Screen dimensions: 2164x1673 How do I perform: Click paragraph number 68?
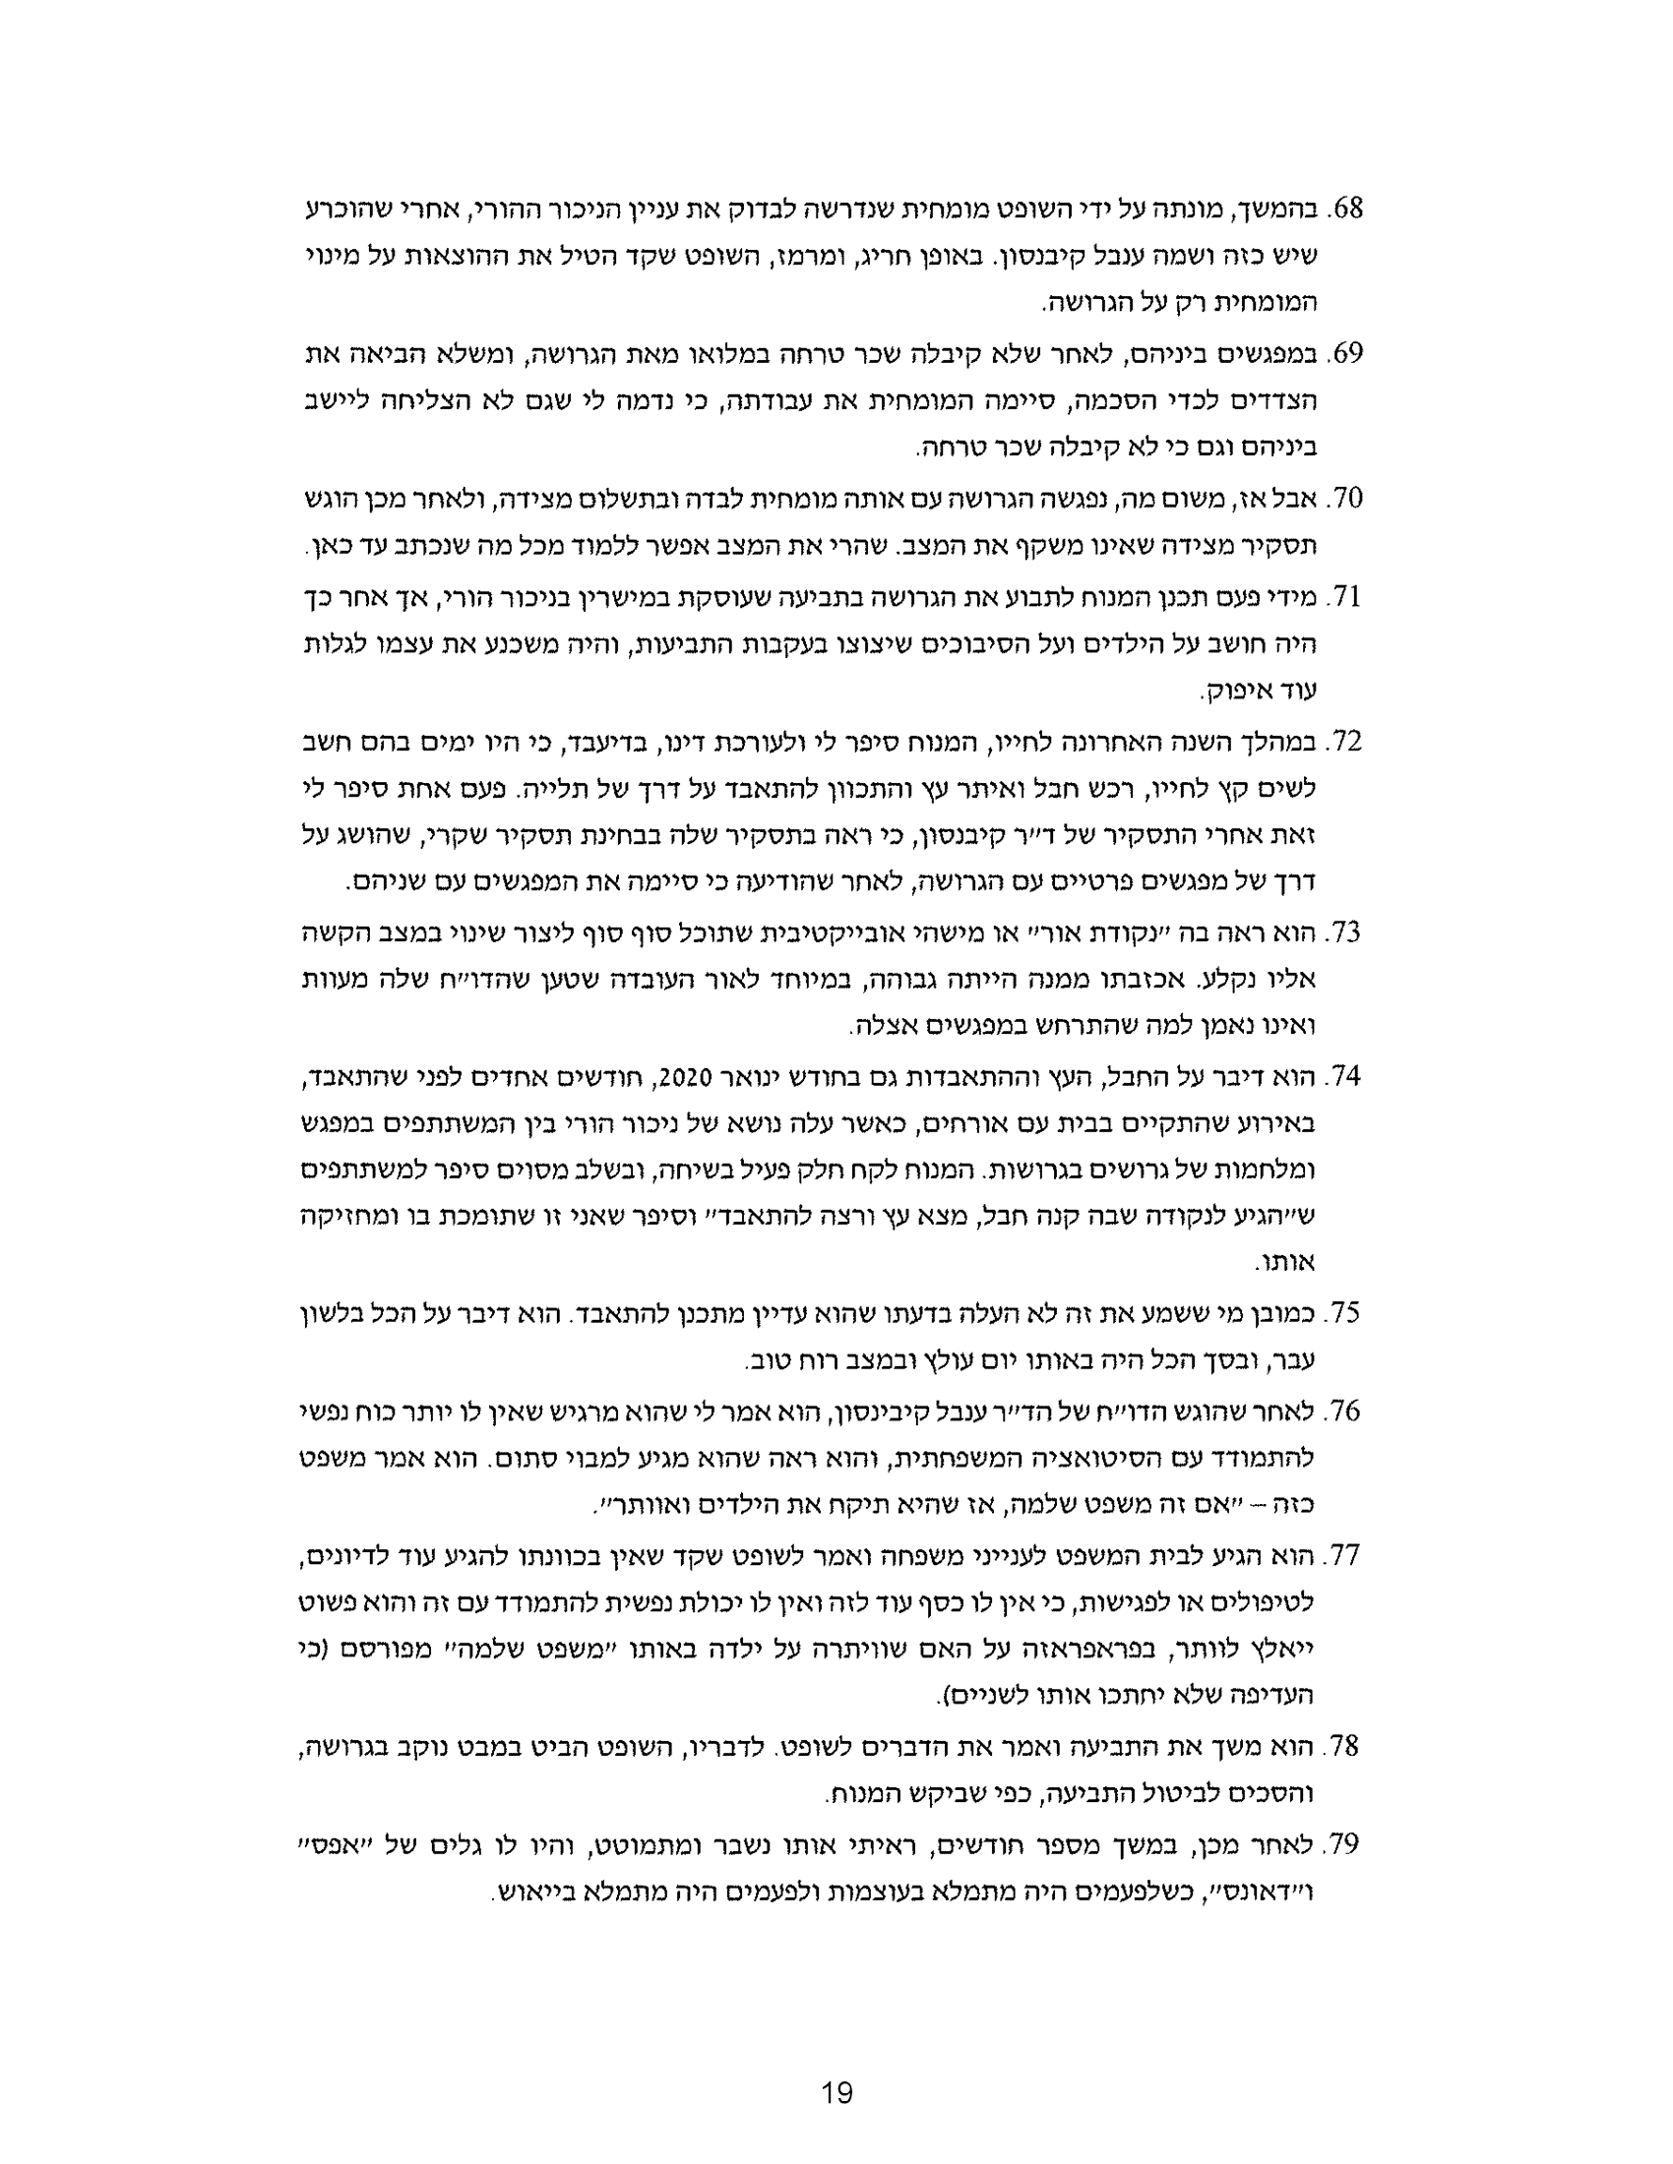(x=1347, y=210)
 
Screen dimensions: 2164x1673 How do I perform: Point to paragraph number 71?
(x=1347, y=596)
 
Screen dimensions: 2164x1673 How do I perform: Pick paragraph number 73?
(x=1347, y=932)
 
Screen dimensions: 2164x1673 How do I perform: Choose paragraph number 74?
(x=1347, y=1076)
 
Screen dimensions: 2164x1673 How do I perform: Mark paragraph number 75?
(x=1347, y=1314)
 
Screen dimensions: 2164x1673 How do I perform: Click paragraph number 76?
(x=1347, y=1411)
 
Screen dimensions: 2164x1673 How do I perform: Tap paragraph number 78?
(x=1347, y=1747)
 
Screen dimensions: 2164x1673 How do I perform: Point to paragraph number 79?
(x=1347, y=1844)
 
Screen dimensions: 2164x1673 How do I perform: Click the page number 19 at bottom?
(x=837, y=2092)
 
